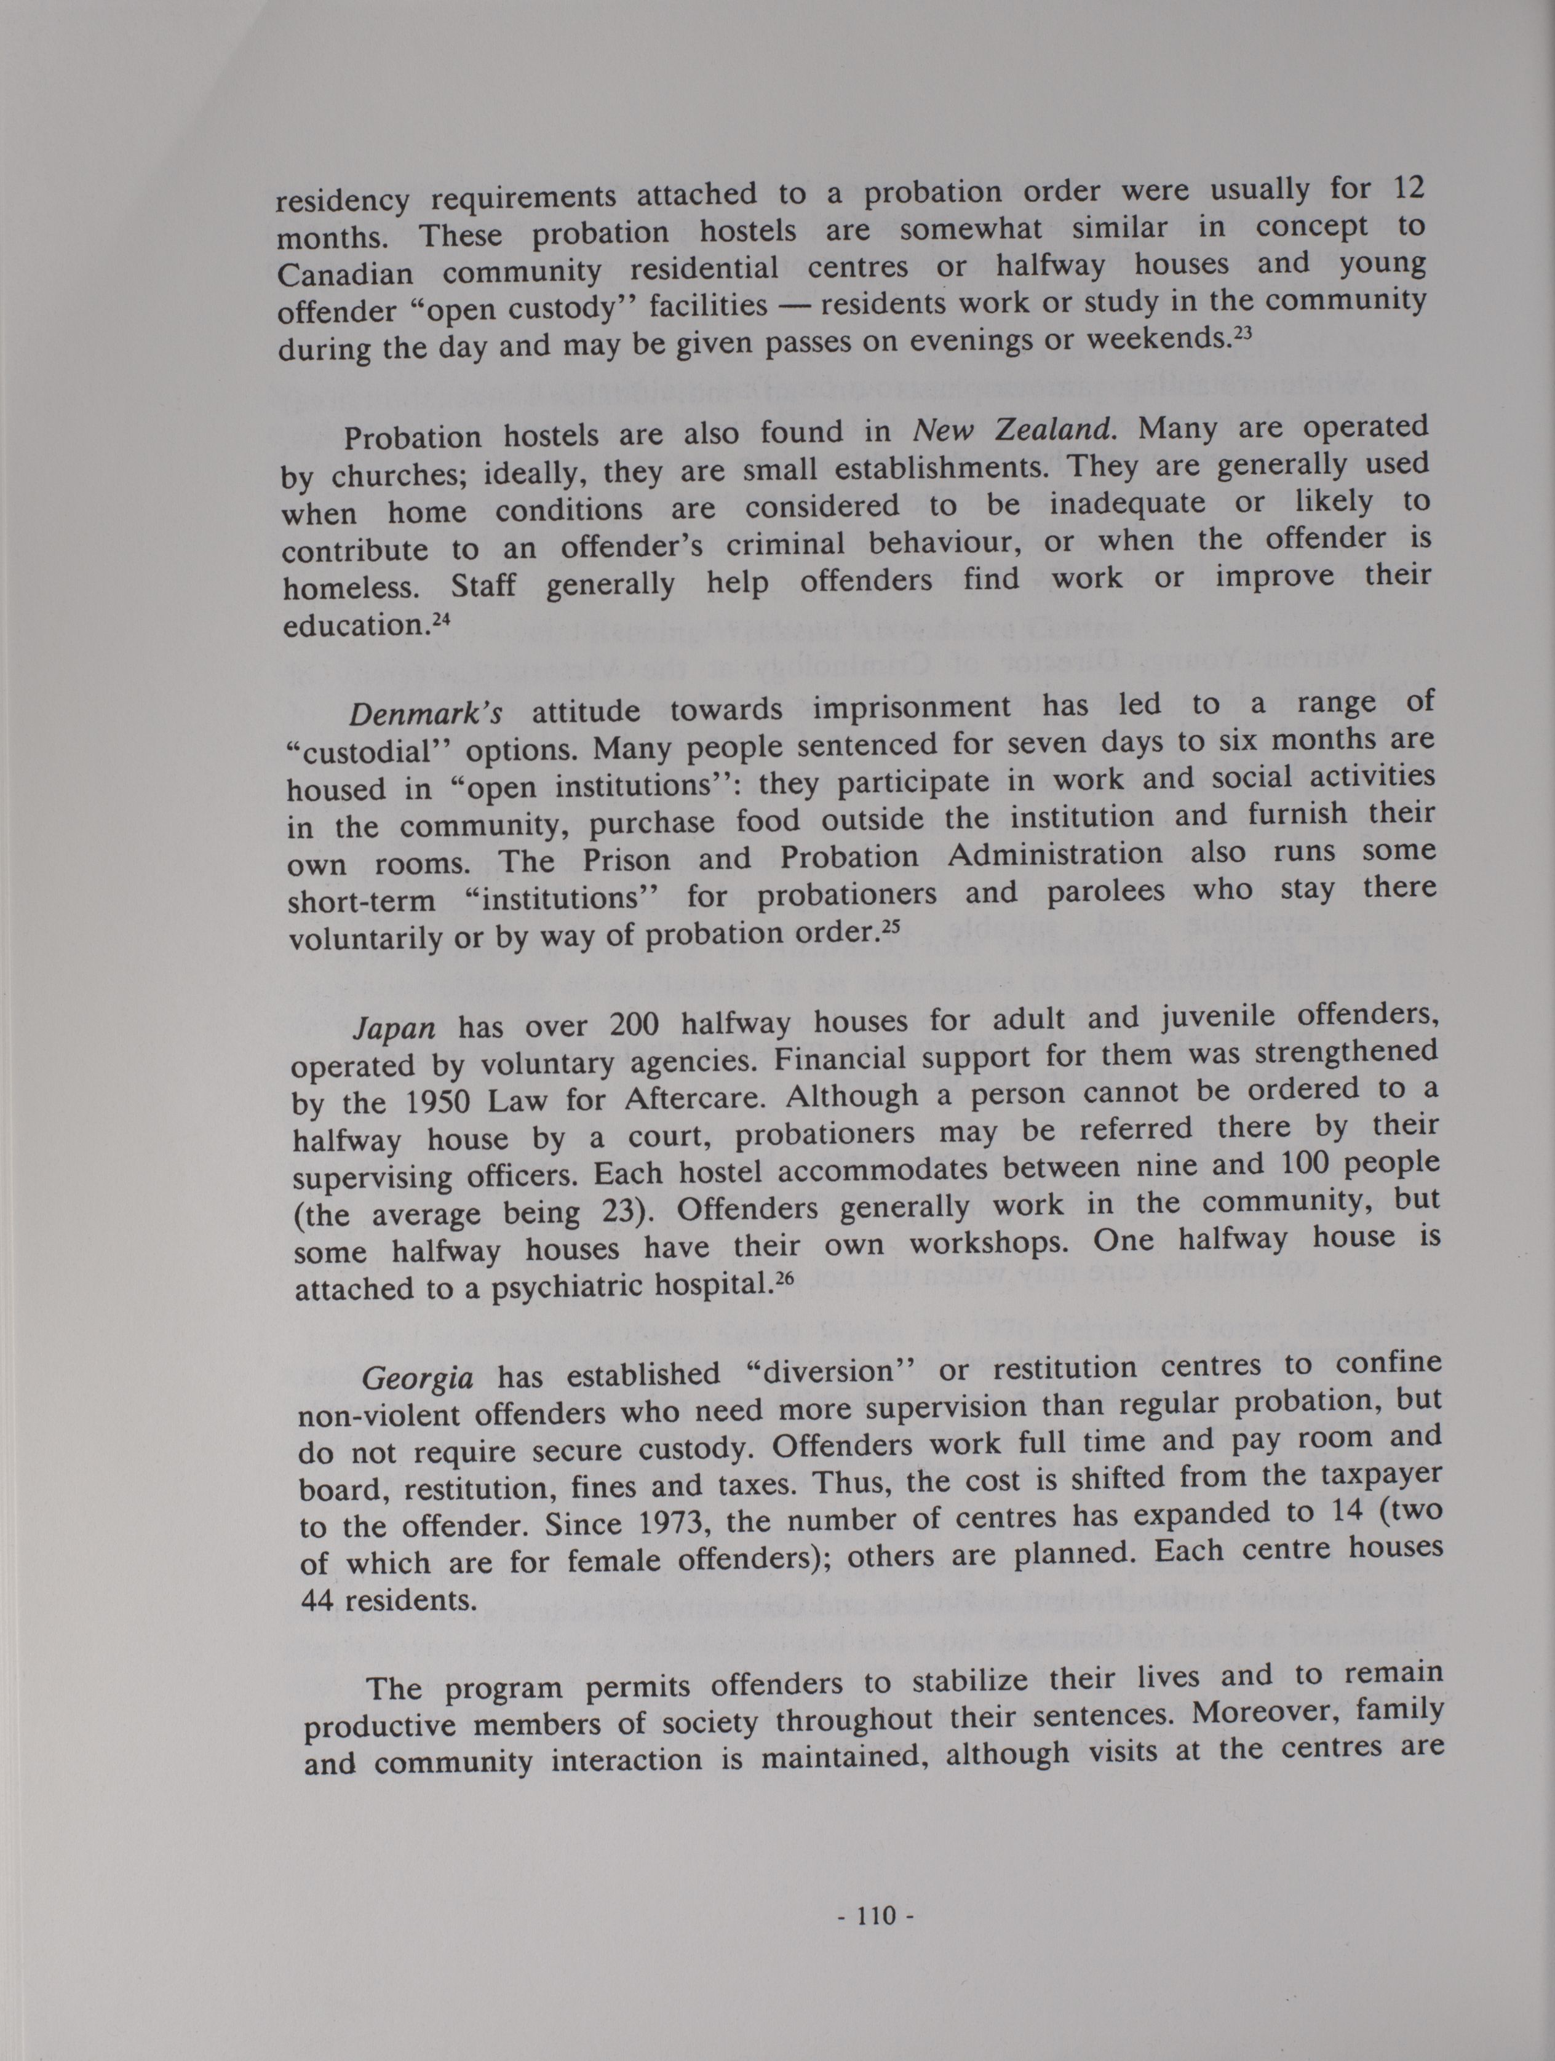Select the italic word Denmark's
click(x=426, y=713)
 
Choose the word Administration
click(x=1055, y=854)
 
